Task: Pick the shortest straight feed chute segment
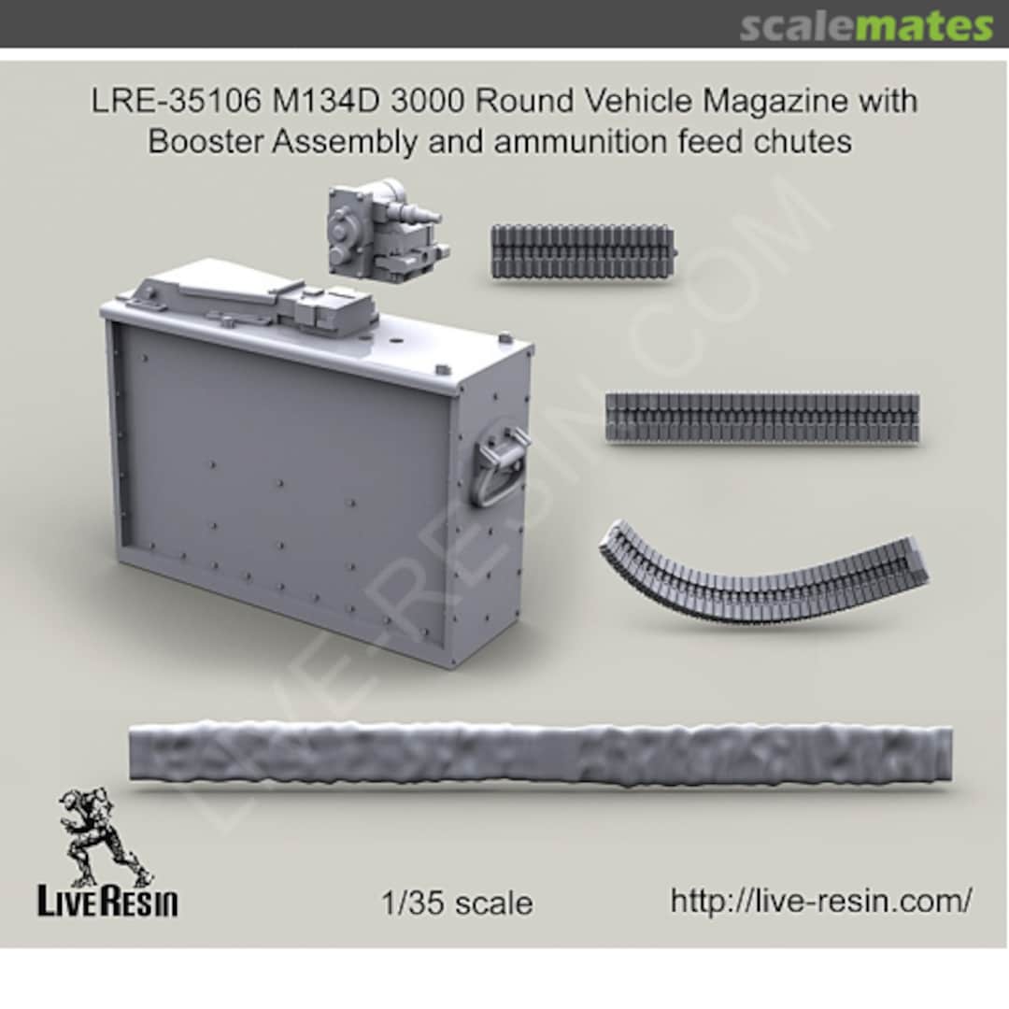coord(582,251)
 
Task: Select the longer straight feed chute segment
coord(761,417)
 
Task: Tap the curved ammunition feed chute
coord(761,576)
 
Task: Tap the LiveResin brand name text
coord(107,903)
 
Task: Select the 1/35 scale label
coord(458,903)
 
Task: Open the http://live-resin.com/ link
coord(821,902)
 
